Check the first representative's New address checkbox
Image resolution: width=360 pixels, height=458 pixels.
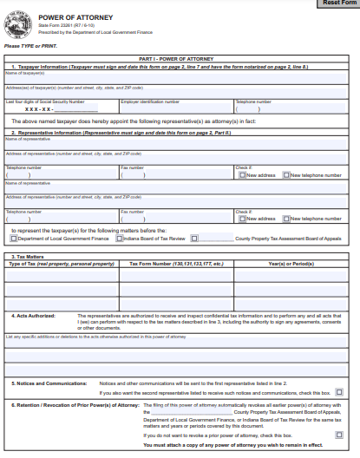pyautogui.click(x=243, y=174)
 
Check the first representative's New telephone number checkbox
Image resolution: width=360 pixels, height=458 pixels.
pyautogui.click(x=286, y=174)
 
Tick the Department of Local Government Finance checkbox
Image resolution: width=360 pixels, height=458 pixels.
pyautogui.click(x=13, y=238)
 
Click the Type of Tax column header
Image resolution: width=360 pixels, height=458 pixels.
pyautogui.click(x=62, y=264)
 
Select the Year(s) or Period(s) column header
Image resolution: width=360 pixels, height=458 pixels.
pyautogui.click(x=291, y=264)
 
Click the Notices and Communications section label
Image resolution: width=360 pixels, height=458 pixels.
pyautogui.click(x=50, y=382)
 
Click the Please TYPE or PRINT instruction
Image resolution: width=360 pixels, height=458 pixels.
pyautogui.click(x=24, y=45)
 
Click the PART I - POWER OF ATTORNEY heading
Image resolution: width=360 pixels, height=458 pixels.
pyautogui.click(x=180, y=58)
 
